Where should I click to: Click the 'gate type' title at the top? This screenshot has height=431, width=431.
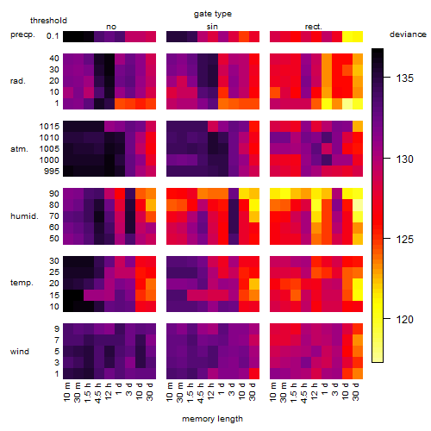click(x=213, y=14)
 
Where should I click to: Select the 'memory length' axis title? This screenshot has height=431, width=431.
click(x=212, y=419)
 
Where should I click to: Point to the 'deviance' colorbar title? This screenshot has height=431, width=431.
click(x=408, y=34)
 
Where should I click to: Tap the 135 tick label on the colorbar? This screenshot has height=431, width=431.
click(x=404, y=78)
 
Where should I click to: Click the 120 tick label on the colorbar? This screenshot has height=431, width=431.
click(x=404, y=319)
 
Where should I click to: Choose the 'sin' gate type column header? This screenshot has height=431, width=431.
click(x=212, y=27)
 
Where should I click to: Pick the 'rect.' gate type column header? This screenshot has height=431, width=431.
click(x=314, y=27)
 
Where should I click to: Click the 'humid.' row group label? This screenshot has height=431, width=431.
click(x=24, y=216)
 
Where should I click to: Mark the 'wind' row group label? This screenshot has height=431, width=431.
click(x=20, y=352)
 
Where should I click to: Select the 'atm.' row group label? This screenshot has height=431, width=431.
click(x=19, y=149)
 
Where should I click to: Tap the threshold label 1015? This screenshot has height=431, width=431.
click(x=49, y=127)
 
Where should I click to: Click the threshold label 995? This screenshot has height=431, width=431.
click(x=52, y=172)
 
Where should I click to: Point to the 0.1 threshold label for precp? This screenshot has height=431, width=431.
click(x=53, y=36)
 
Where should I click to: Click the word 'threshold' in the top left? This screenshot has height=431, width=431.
click(x=48, y=21)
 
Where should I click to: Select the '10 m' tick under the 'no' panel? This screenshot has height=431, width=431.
click(x=67, y=392)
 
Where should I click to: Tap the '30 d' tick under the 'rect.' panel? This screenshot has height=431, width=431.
click(x=356, y=392)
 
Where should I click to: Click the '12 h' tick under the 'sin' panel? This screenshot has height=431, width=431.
click(x=211, y=392)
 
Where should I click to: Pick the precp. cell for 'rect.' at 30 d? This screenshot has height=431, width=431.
click(x=358, y=36)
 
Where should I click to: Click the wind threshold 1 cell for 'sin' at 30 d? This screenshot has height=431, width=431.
click(x=254, y=373)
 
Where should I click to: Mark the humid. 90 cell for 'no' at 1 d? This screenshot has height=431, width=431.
click(x=120, y=194)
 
